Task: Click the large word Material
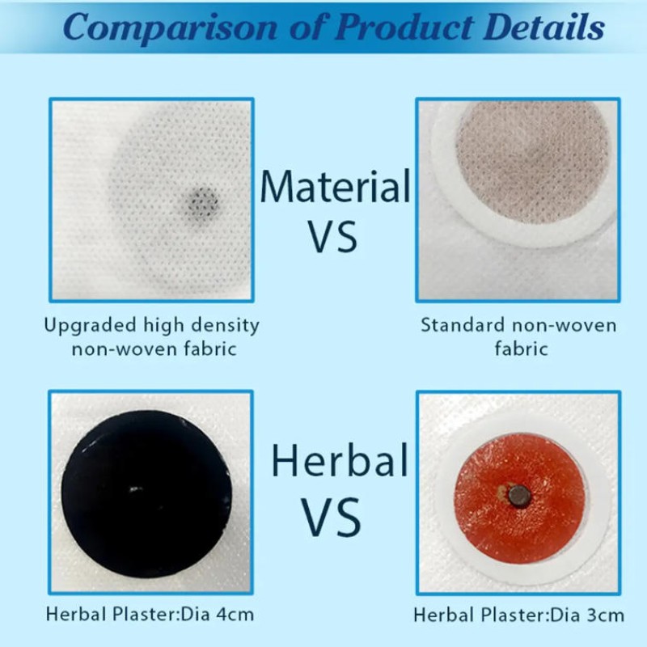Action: click(335, 187)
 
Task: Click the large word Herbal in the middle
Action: click(338, 460)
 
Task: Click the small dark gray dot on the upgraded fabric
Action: click(203, 200)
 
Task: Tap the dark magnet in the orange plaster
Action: click(518, 495)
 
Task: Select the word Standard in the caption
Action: click(460, 326)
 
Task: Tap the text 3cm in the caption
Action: click(602, 615)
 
